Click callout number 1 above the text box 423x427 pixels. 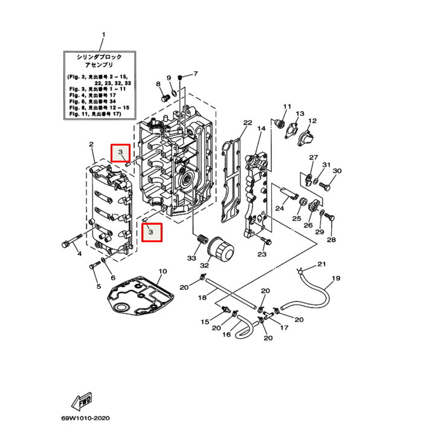[x=103, y=34]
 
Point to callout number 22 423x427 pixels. [x=247, y=123]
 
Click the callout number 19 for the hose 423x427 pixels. [x=336, y=278]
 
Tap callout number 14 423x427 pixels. [x=261, y=129]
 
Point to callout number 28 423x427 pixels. [x=331, y=240]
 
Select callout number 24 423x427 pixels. [x=279, y=208]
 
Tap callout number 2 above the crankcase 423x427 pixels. [x=91, y=144]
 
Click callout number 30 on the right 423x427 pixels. [x=337, y=171]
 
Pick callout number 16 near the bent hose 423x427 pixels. [x=227, y=334]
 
